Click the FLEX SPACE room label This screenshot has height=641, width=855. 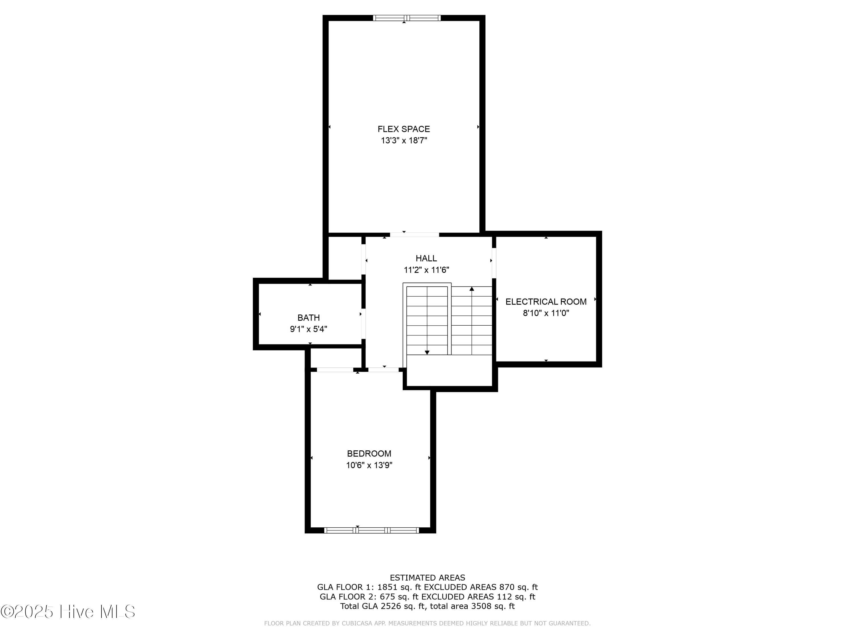[x=404, y=129]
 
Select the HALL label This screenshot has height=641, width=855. [x=426, y=258]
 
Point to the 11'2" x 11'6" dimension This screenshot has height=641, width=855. [x=426, y=270]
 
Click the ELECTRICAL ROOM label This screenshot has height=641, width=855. [x=546, y=302]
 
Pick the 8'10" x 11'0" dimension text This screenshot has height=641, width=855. [x=546, y=313]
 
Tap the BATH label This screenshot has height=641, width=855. [x=308, y=318]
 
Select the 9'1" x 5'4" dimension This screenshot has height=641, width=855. [x=308, y=330]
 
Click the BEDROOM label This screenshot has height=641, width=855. [x=369, y=454]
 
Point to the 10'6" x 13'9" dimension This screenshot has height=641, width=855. [x=369, y=465]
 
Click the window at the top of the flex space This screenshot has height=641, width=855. [x=407, y=18]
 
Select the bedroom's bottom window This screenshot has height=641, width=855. [x=371, y=530]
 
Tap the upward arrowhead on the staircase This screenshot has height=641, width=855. [x=472, y=289]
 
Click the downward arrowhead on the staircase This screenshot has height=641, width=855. [x=427, y=352]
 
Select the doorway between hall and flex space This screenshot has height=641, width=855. [x=414, y=234]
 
